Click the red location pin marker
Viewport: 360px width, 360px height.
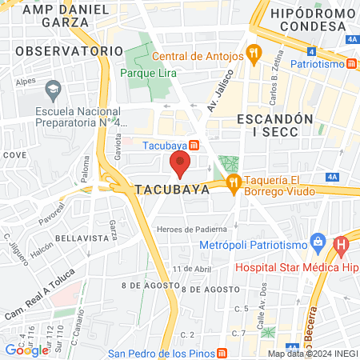point(180,165)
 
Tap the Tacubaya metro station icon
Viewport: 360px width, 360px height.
point(195,145)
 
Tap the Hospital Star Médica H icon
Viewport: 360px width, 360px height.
point(342,244)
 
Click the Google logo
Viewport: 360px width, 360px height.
point(26,350)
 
